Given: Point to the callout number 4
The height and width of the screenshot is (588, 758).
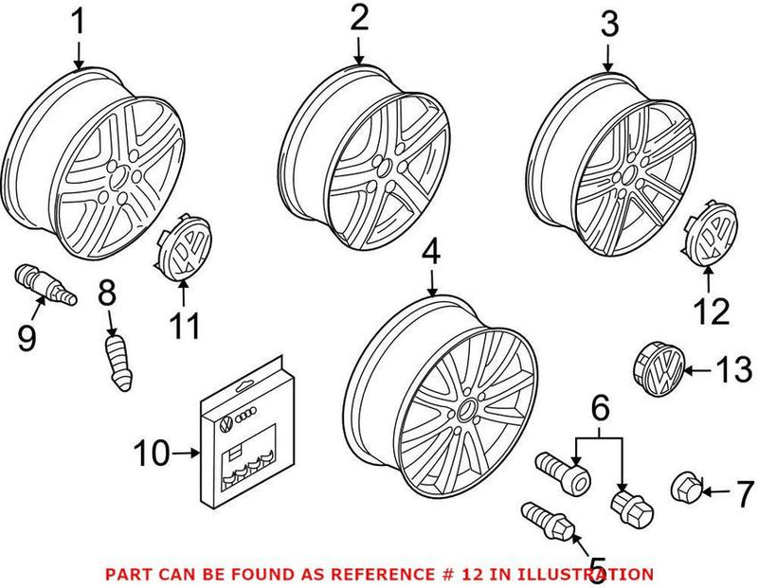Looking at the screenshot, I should pos(431,253).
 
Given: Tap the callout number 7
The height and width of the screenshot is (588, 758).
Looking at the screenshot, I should pos(745,491).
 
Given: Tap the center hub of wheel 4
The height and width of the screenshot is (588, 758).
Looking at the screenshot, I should pos(467,409).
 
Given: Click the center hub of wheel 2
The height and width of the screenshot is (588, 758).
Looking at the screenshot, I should pos(386,180).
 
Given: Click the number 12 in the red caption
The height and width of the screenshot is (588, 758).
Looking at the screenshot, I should pos(477,574).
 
